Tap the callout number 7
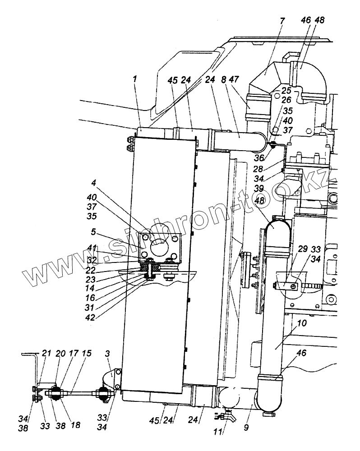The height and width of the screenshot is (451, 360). pyautogui.click(x=282, y=21)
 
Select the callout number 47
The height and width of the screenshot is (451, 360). pyautogui.click(x=234, y=79)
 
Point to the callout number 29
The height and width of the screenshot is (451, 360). pyautogui.click(x=303, y=249)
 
